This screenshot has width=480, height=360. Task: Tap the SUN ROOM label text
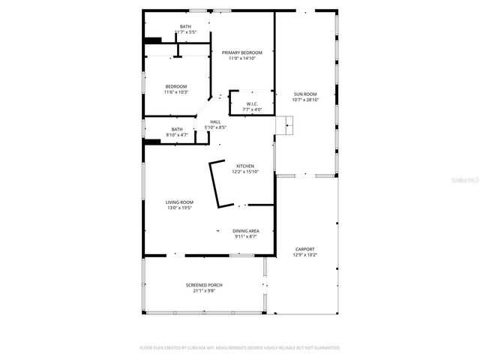(305, 94)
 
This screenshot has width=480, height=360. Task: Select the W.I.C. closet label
(252, 104)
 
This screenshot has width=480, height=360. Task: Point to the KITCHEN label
(245, 166)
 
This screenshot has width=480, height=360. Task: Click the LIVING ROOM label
(180, 202)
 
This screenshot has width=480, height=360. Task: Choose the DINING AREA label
(245, 231)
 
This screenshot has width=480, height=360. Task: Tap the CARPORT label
(304, 249)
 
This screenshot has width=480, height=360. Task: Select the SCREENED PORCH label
(204, 285)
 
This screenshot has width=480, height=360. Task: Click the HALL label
(215, 121)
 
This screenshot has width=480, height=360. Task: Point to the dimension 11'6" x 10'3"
(176, 92)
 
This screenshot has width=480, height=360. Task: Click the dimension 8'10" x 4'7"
(177, 134)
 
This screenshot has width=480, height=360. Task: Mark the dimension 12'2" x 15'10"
(245, 172)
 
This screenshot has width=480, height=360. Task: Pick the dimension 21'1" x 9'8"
(204, 291)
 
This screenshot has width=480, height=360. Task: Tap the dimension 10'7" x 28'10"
(305, 100)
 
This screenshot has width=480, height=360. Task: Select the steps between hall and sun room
(285, 125)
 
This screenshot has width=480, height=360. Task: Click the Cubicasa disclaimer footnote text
(240, 348)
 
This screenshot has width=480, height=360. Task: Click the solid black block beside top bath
(153, 40)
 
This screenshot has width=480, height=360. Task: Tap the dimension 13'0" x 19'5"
(180, 208)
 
